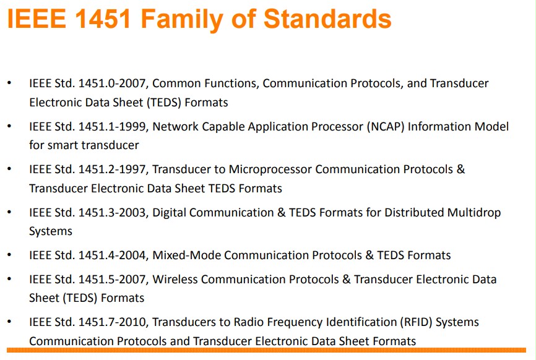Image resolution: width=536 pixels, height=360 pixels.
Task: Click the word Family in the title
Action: (x=182, y=19)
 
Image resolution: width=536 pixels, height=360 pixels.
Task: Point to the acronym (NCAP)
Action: (x=386, y=127)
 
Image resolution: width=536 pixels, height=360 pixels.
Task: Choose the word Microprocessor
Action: (x=270, y=169)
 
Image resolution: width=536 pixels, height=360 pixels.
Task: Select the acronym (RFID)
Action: (x=416, y=322)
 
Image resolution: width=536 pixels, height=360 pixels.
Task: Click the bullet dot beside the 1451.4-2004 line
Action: (x=9, y=254)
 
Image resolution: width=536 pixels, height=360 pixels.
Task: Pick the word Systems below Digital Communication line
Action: (x=51, y=231)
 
